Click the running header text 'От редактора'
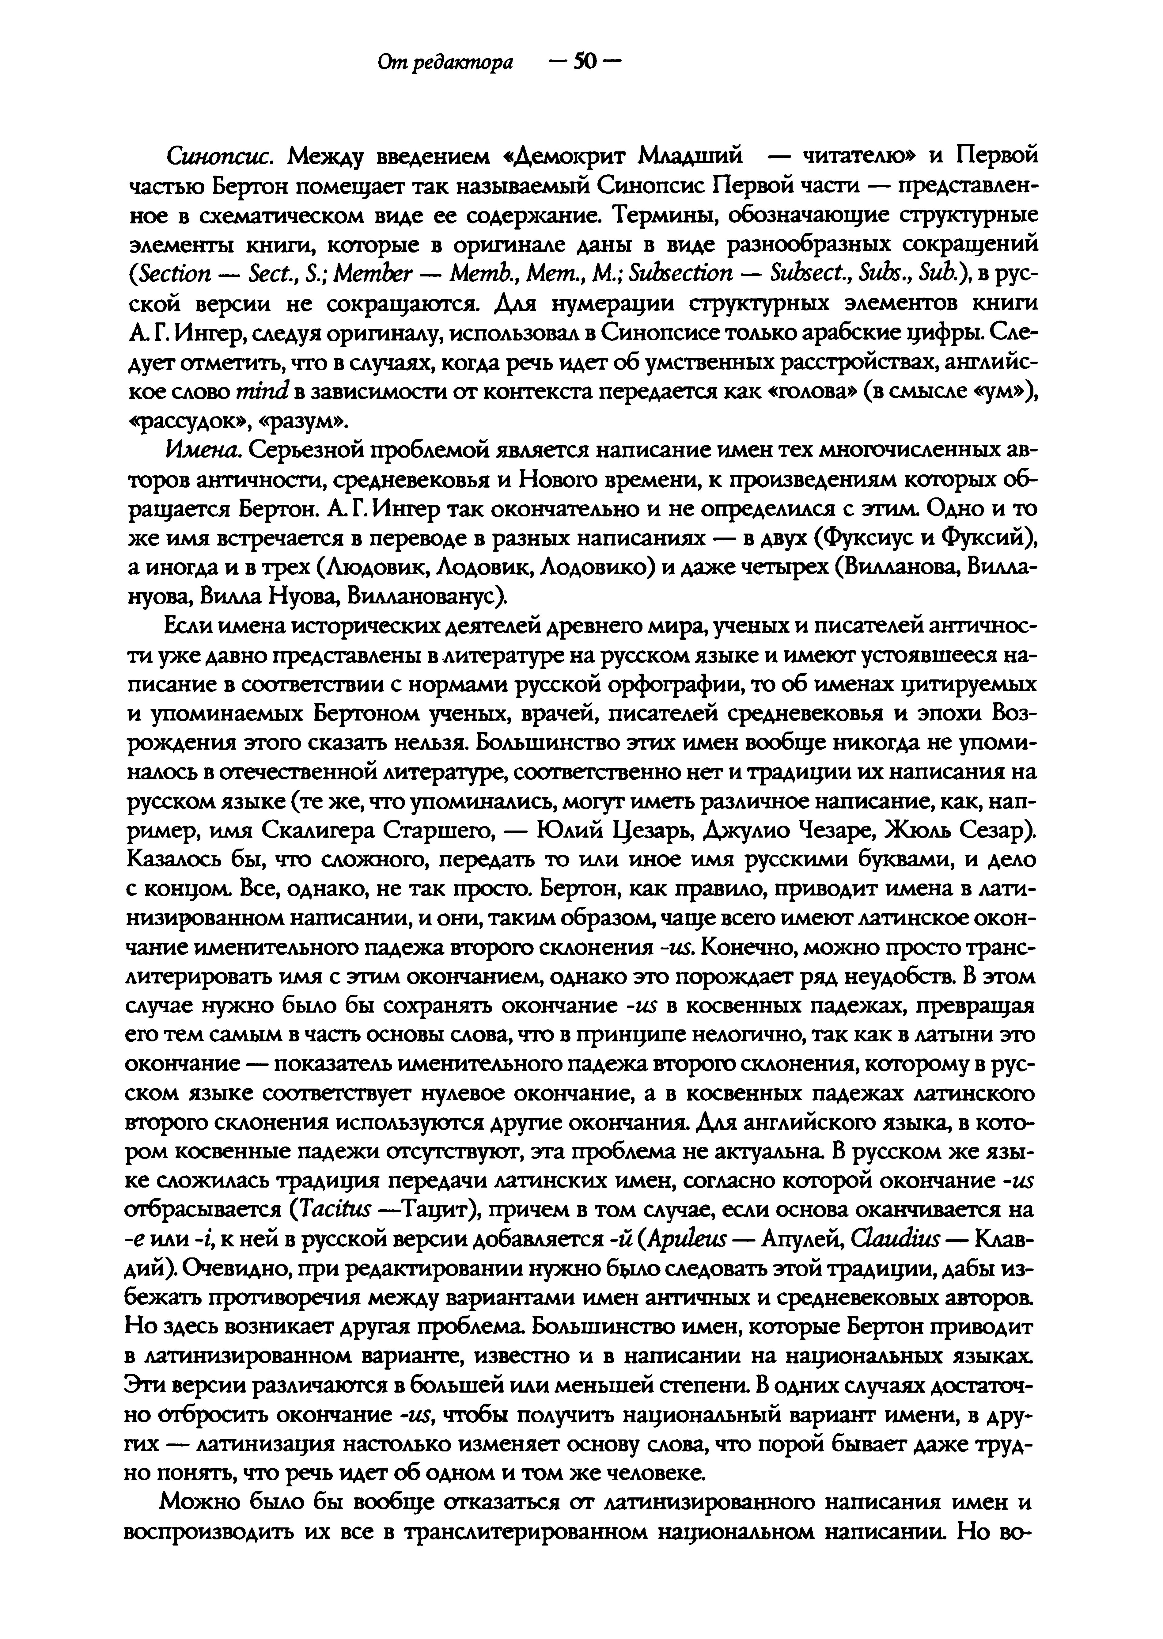(x=445, y=63)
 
